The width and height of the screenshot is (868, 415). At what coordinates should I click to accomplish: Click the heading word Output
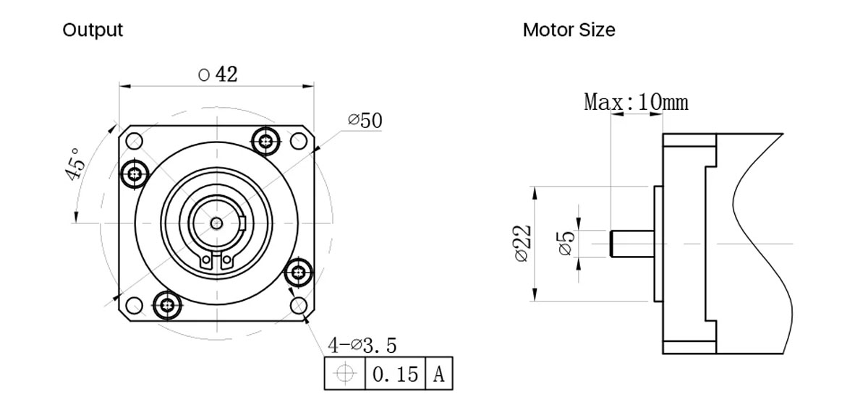click(x=93, y=30)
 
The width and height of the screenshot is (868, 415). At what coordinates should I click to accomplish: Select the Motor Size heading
click(x=569, y=30)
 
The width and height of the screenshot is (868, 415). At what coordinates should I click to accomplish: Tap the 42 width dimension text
click(x=217, y=74)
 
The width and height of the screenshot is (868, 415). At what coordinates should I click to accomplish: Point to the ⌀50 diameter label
click(x=365, y=121)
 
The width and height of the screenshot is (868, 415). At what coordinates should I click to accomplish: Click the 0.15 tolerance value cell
click(x=394, y=374)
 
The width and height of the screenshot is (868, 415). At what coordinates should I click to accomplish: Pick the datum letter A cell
click(x=439, y=374)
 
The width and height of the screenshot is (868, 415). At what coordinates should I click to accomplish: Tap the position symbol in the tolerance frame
click(x=345, y=374)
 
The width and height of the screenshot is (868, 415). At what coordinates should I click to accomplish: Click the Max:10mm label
click(x=636, y=102)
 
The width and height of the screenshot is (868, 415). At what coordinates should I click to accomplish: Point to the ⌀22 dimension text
click(x=522, y=244)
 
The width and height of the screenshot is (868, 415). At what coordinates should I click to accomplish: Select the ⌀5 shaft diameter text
click(x=566, y=242)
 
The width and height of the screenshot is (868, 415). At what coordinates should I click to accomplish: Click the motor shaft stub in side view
click(x=631, y=244)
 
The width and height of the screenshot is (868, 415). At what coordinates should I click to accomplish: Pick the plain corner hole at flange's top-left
click(x=135, y=140)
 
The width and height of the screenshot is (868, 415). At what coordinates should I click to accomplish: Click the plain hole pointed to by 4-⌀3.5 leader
click(x=299, y=306)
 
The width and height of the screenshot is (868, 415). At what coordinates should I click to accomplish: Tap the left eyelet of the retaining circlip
click(x=207, y=259)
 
